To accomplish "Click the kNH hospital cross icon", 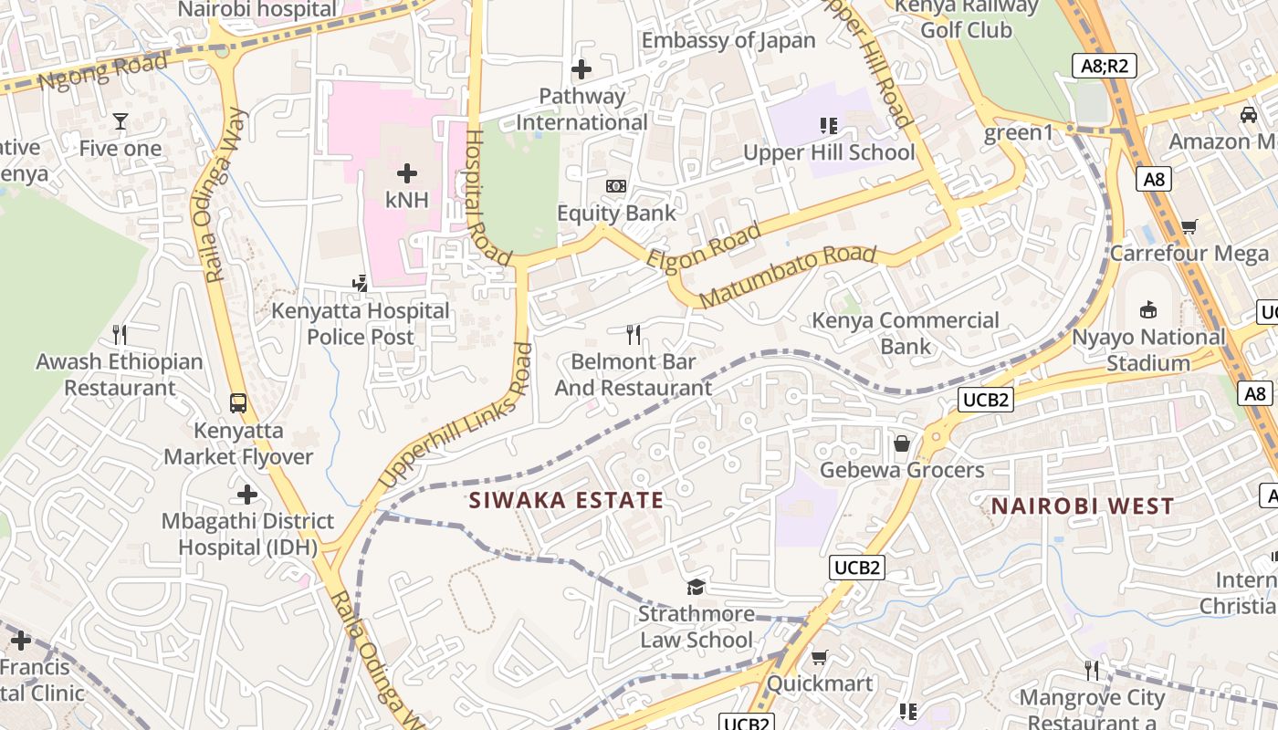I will [x=407, y=172].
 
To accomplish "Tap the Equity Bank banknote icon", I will [x=616, y=186].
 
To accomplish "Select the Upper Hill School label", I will [x=829, y=152].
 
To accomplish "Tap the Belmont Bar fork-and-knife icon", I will [x=634, y=335].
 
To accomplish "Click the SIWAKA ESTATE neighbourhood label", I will [x=566, y=500].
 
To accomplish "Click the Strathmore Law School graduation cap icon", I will [x=697, y=587].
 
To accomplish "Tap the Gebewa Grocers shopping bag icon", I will [x=902, y=443].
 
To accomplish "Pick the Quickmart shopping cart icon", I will [x=820, y=657].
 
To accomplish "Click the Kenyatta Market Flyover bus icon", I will [x=238, y=402].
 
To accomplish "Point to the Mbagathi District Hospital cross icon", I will [x=246, y=495].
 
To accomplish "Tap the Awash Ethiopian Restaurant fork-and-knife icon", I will [x=119, y=335].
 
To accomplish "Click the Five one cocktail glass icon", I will [x=120, y=120].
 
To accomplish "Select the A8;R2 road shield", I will [x=1103, y=65].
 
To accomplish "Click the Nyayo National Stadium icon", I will [x=1147, y=310].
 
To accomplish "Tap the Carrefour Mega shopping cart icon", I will [x=1189, y=226].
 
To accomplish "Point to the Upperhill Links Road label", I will [x=456, y=414].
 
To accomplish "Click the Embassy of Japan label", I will [x=728, y=40].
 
